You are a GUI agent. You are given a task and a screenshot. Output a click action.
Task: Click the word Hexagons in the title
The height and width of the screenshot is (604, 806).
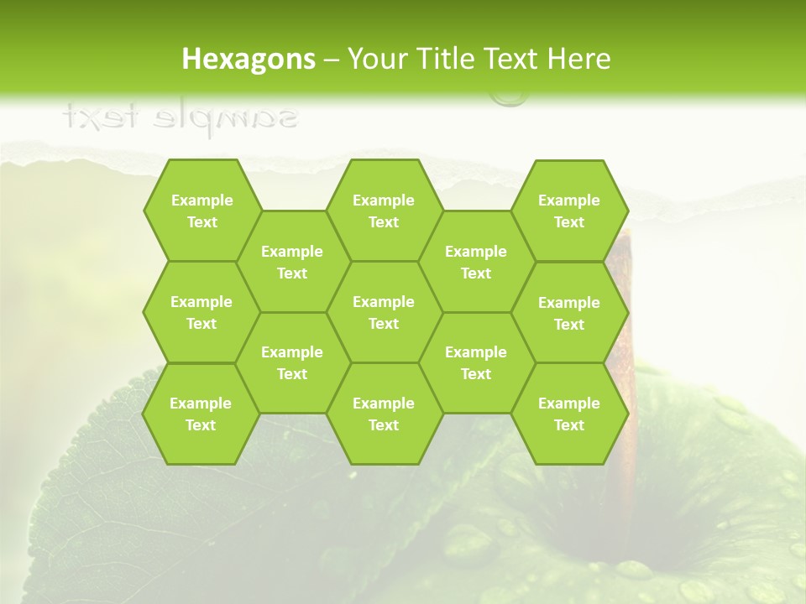tap(249, 59)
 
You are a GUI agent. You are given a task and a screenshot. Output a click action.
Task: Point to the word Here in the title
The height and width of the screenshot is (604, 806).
tap(578, 59)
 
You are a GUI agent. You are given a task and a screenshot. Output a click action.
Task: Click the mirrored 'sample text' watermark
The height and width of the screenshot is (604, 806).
tap(181, 117)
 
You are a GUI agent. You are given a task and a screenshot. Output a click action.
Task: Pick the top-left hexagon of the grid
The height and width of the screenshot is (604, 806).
tap(201, 211)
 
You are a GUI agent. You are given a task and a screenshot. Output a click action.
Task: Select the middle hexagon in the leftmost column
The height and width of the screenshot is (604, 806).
tap(201, 312)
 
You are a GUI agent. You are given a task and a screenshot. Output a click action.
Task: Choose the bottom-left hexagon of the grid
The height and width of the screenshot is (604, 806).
tap(201, 414)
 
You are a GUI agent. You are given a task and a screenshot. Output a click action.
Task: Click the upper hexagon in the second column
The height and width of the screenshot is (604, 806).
tap(292, 262)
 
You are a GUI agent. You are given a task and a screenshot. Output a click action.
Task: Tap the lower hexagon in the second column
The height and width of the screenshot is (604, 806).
tap(292, 362)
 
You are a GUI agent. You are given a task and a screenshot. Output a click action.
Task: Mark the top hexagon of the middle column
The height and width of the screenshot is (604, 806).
tap(384, 211)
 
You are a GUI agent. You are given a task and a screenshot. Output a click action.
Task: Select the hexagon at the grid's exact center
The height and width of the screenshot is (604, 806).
tap(384, 312)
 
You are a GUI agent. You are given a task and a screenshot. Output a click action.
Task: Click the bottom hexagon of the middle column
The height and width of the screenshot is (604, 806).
tap(384, 414)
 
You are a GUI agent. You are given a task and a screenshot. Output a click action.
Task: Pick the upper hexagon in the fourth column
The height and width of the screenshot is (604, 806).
tap(476, 262)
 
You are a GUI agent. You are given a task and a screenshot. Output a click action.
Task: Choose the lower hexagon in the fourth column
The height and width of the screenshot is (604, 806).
tap(476, 362)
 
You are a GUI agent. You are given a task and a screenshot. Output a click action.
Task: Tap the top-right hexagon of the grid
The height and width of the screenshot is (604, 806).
tap(569, 211)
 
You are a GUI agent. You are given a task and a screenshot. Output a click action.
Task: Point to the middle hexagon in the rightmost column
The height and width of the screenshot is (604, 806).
tap(569, 313)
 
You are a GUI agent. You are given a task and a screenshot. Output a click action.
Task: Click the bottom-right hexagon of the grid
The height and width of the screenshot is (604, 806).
tap(569, 414)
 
